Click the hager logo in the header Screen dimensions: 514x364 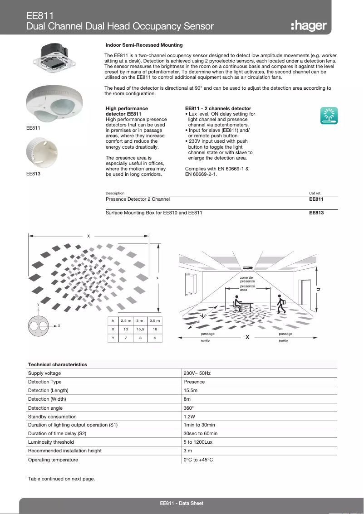[x=308, y=26]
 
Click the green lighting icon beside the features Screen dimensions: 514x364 [x=329, y=116]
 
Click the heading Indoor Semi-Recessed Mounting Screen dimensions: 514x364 [x=144, y=45]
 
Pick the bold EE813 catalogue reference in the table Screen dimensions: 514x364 [x=316, y=213]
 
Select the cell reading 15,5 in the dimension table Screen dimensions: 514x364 [x=140, y=329]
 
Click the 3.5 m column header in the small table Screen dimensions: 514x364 [x=155, y=320]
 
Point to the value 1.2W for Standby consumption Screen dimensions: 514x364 [x=189, y=417]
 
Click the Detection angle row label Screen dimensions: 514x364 [x=45, y=408]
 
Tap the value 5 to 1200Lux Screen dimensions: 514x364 [x=198, y=442]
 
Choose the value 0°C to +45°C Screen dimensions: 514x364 [x=198, y=460]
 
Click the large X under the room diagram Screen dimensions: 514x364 [x=247, y=337]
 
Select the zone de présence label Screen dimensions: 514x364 [x=247, y=279]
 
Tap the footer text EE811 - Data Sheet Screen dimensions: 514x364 [x=182, y=504]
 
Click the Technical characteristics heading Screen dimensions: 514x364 [x=57, y=364]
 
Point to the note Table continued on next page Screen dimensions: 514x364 [x=61, y=479]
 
